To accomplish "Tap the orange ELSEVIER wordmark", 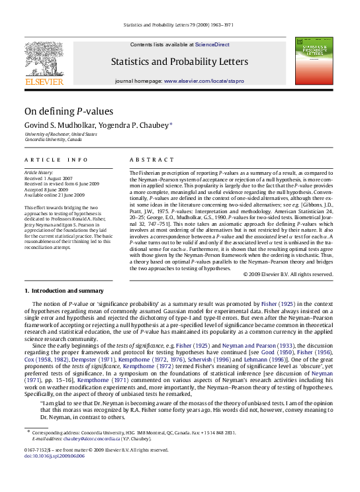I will pos(44,82).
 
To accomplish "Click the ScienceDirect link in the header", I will pos(212,44).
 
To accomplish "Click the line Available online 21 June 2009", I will pos(54,195).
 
